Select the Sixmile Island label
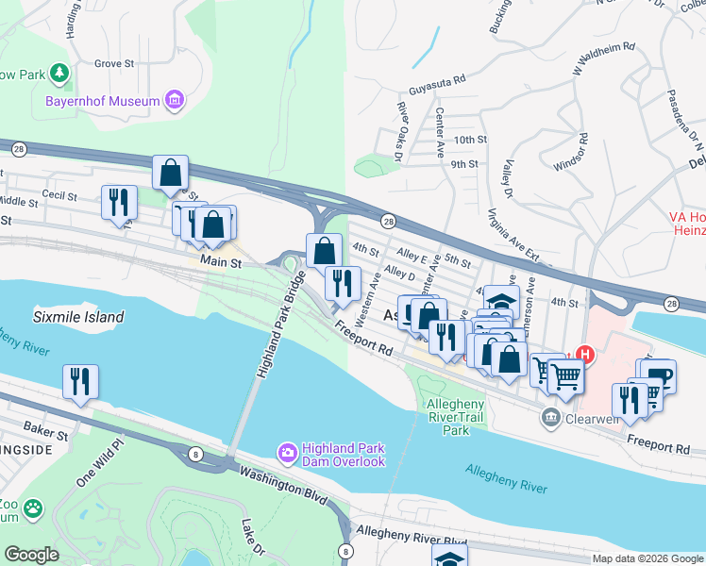tap(78, 317)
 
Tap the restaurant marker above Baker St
tap(80, 381)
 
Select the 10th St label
tap(469, 139)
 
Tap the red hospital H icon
tap(584, 356)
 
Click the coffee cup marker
tap(660, 375)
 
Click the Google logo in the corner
tap(32, 555)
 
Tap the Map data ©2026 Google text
tap(647, 558)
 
